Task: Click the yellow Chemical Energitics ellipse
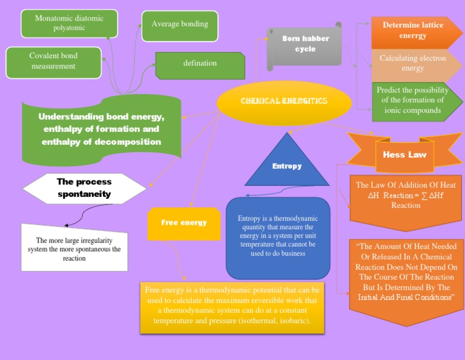coord(284,101)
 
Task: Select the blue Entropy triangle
coord(286,164)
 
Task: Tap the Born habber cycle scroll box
coord(305,44)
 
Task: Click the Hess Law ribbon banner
coord(404,154)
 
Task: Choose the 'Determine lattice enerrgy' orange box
coord(412,31)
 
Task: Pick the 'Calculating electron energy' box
coord(412,63)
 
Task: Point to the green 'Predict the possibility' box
coord(412,100)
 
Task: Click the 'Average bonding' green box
coord(179,25)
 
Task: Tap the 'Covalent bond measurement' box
coord(53,61)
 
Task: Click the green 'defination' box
coord(200,64)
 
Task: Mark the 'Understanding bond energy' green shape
coord(102,128)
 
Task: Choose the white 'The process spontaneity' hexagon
coord(84,188)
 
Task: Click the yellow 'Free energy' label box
coord(183,223)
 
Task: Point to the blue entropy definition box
coord(278,236)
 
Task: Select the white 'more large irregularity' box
coord(74,248)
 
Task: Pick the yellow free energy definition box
coord(231,307)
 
